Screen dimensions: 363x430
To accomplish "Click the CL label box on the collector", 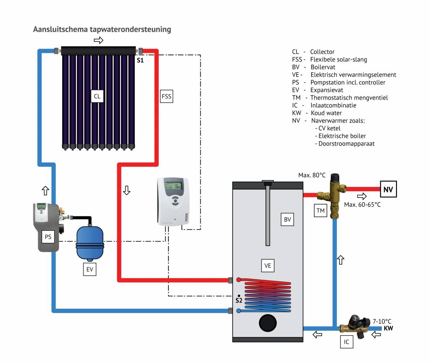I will [97, 96].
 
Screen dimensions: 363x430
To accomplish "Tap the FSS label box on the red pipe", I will [167, 96].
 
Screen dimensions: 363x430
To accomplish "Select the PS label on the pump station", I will [48, 237].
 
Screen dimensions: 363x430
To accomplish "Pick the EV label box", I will [89, 269].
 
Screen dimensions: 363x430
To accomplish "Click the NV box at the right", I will [388, 190].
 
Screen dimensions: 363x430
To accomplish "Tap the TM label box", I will [320, 211].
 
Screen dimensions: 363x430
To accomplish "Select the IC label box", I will [346, 342].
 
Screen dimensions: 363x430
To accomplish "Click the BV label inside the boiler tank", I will [287, 219].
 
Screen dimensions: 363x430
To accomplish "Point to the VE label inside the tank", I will [267, 266].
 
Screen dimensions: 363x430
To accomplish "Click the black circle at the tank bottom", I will [267, 323].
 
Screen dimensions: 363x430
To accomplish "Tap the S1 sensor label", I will [140, 61].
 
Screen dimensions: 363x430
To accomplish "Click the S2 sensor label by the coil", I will [239, 300].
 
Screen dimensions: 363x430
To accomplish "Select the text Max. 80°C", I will [312, 175].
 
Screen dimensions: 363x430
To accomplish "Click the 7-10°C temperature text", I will [382, 321].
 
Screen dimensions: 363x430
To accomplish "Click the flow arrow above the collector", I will [98, 40].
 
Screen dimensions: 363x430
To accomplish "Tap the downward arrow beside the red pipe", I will [126, 190].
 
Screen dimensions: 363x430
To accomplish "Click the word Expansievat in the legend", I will [326, 90].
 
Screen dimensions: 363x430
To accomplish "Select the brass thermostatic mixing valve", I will [334, 195].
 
